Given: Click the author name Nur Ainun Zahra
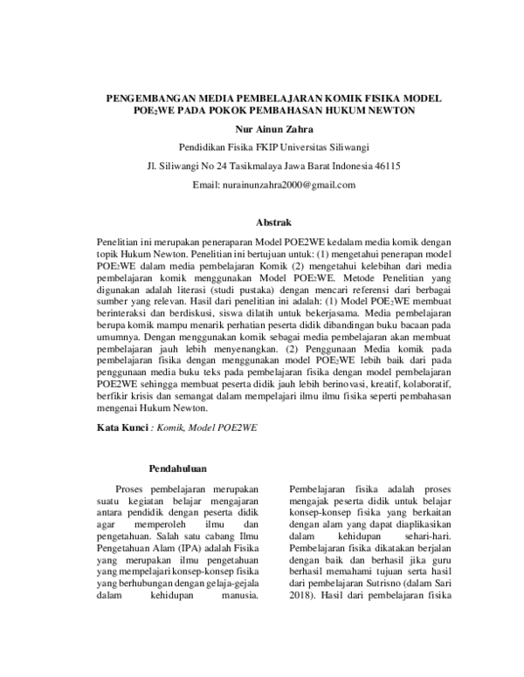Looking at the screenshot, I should (261, 130).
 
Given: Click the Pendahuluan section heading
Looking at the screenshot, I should (178, 468).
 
